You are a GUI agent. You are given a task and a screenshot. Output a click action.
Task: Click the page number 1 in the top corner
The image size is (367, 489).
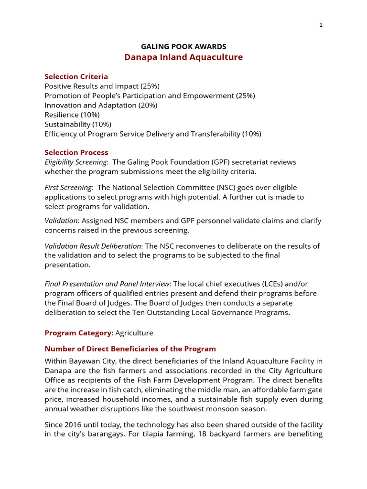coord(321,25)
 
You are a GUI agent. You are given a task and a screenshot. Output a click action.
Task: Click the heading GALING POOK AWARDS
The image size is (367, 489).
coord(183,46)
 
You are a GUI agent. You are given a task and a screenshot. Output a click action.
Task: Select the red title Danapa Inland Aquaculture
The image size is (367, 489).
coord(183,57)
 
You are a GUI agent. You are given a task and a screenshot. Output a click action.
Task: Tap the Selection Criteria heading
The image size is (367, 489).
coord(76,76)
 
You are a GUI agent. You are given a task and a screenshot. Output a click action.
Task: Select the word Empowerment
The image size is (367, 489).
coord(207,96)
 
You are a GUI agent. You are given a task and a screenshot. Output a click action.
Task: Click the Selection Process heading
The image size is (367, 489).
coord(76,152)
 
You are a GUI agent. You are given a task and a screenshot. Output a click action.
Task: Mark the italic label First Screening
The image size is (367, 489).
coord(68,188)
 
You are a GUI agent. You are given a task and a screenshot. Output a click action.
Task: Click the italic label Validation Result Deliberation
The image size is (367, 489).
coord(93,246)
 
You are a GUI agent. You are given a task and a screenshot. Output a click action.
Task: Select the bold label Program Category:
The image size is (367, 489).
coord(79,332)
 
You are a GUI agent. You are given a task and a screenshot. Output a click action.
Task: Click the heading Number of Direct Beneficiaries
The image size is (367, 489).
coord(130,349)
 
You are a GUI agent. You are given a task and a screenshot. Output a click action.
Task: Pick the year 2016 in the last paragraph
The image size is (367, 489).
coord(75,425)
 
